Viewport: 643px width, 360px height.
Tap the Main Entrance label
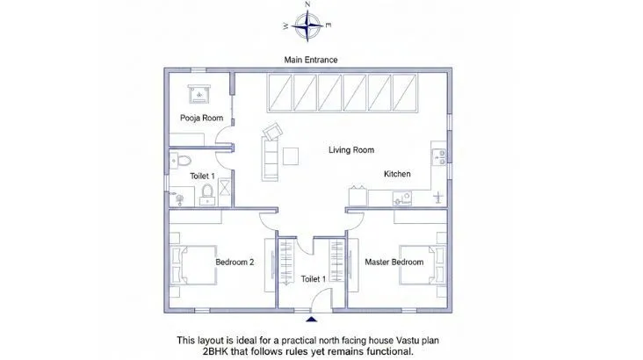click(x=311, y=60)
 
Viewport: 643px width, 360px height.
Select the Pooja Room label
click(x=202, y=118)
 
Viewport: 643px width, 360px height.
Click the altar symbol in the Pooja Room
click(x=199, y=94)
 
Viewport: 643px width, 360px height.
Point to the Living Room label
click(x=351, y=150)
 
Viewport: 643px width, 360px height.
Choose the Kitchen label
click(x=397, y=174)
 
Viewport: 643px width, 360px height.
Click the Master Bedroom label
click(x=394, y=262)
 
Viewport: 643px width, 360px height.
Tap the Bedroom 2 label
click(x=235, y=262)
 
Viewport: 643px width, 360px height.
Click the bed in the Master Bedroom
click(x=423, y=265)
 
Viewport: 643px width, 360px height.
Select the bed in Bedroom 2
click(x=193, y=265)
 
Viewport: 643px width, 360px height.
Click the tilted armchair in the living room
click(x=272, y=132)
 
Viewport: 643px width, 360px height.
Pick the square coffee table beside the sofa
click(x=291, y=156)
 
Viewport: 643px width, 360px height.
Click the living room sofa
click(x=270, y=159)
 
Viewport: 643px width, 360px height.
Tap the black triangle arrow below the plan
click(x=311, y=319)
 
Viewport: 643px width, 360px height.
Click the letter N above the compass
click(x=307, y=4)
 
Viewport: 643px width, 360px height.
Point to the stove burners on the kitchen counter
click(x=439, y=157)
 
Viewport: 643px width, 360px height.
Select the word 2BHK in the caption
click(x=216, y=351)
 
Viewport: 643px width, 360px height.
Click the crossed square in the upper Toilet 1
click(x=224, y=188)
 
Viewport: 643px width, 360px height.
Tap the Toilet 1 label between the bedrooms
click(x=314, y=279)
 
